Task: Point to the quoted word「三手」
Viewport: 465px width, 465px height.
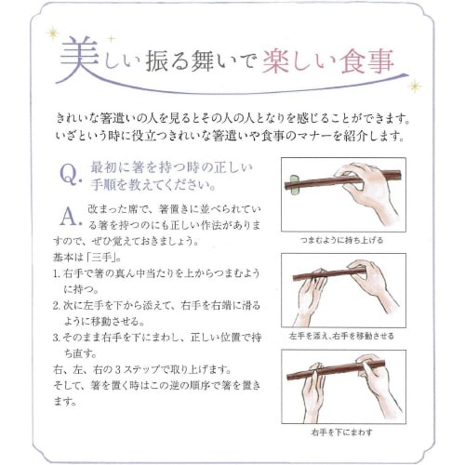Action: [x=103, y=257]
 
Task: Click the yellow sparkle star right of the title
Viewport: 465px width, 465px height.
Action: [x=415, y=86]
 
